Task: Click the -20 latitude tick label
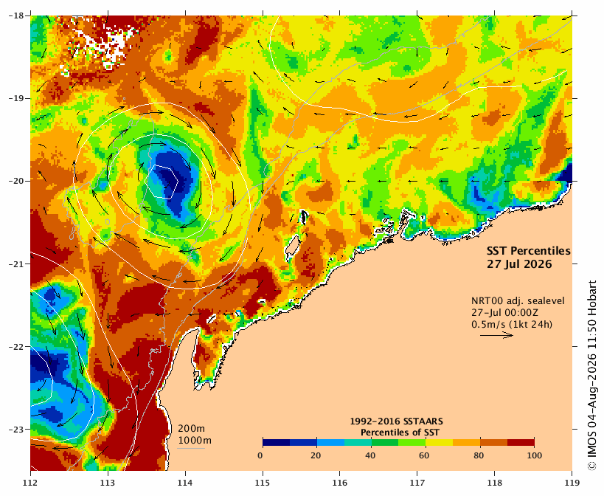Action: click(15, 181)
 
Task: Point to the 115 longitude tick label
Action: click(263, 483)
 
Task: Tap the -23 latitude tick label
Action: click(15, 430)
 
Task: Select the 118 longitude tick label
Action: click(494, 483)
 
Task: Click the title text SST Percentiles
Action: click(529, 251)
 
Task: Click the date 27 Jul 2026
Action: click(519, 264)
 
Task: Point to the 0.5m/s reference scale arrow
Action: click(496, 335)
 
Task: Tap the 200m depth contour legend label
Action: click(191, 429)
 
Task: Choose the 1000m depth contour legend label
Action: click(195, 441)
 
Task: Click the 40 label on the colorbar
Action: click(370, 455)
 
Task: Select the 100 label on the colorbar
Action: click(534, 455)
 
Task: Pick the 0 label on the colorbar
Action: click(260, 455)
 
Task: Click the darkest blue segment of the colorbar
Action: click(277, 442)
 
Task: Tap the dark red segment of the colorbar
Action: click(521, 442)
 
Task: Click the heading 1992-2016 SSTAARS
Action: click(396, 421)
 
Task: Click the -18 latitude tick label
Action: click(15, 15)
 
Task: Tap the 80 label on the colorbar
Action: click(479, 455)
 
